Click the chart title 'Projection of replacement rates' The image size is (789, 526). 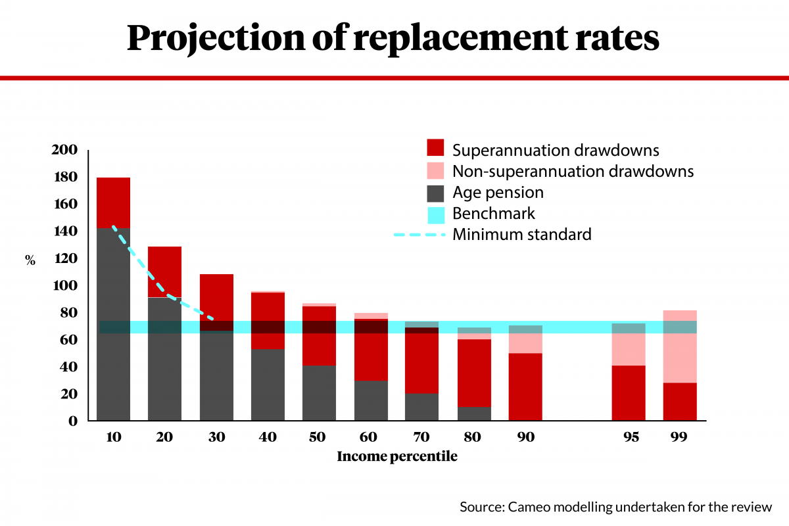pos(393,38)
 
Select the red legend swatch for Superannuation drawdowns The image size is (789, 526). pos(435,148)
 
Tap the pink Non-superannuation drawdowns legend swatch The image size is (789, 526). pos(435,171)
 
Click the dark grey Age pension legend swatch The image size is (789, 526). pos(435,193)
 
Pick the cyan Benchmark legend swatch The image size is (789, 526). pos(436,215)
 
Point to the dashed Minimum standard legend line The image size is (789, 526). pos(419,234)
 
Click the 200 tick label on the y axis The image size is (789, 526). pos(64,150)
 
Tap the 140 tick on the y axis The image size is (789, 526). pos(66,231)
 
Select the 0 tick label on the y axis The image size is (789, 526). pos(73,421)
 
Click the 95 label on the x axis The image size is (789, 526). pos(631,437)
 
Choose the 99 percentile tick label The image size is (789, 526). pos(679,437)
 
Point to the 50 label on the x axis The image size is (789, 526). pos(318,437)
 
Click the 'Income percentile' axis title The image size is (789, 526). pos(397,456)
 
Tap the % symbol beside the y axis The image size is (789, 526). pos(30,260)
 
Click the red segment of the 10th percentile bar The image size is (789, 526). pos(113,203)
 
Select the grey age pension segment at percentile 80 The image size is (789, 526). pos(475,414)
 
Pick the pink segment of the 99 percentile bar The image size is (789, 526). pos(680,347)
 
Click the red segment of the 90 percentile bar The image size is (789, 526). pos(525,387)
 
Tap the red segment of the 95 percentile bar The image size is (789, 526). pos(629,393)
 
